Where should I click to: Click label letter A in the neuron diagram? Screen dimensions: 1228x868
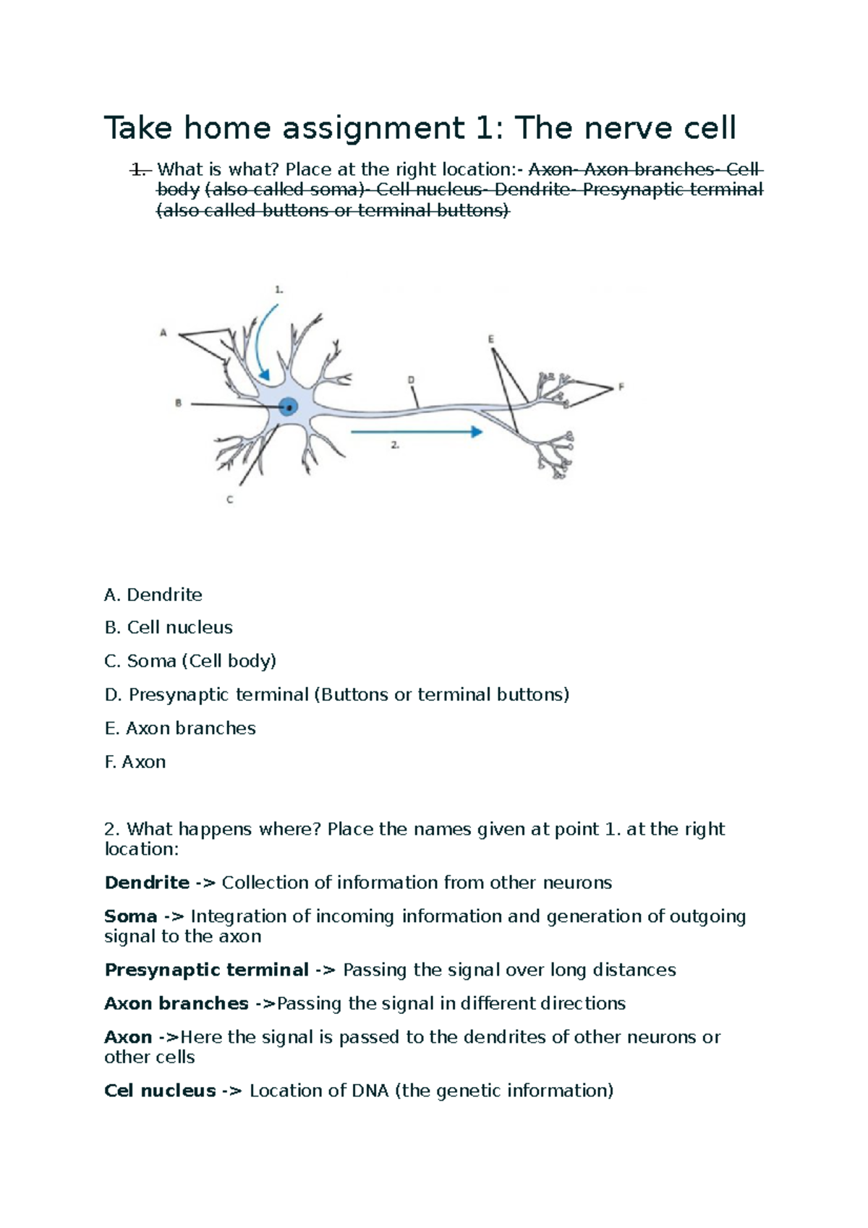[163, 333]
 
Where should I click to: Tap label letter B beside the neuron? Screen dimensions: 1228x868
[178, 404]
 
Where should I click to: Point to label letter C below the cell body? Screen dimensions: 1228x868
[230, 500]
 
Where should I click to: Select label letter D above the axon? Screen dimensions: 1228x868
[411, 380]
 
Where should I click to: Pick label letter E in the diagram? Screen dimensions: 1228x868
[491, 338]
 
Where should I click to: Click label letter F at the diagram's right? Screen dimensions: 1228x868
[621, 387]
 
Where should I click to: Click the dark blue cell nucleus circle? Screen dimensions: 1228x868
[289, 408]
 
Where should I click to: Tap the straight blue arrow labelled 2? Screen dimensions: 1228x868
[417, 432]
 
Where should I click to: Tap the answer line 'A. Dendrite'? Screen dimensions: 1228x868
[153, 594]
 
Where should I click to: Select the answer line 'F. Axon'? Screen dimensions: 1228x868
[135, 762]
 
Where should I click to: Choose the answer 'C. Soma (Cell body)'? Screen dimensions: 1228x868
[190, 661]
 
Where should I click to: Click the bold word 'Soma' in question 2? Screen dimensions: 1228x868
[130, 916]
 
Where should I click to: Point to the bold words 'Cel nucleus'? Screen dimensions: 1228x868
[160, 1091]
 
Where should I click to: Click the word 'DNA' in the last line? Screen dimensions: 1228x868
[370, 1091]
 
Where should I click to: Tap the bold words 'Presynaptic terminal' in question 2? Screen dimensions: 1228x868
[206, 970]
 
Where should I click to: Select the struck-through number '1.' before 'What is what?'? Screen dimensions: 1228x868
[139, 169]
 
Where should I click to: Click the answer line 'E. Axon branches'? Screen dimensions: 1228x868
[180, 728]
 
